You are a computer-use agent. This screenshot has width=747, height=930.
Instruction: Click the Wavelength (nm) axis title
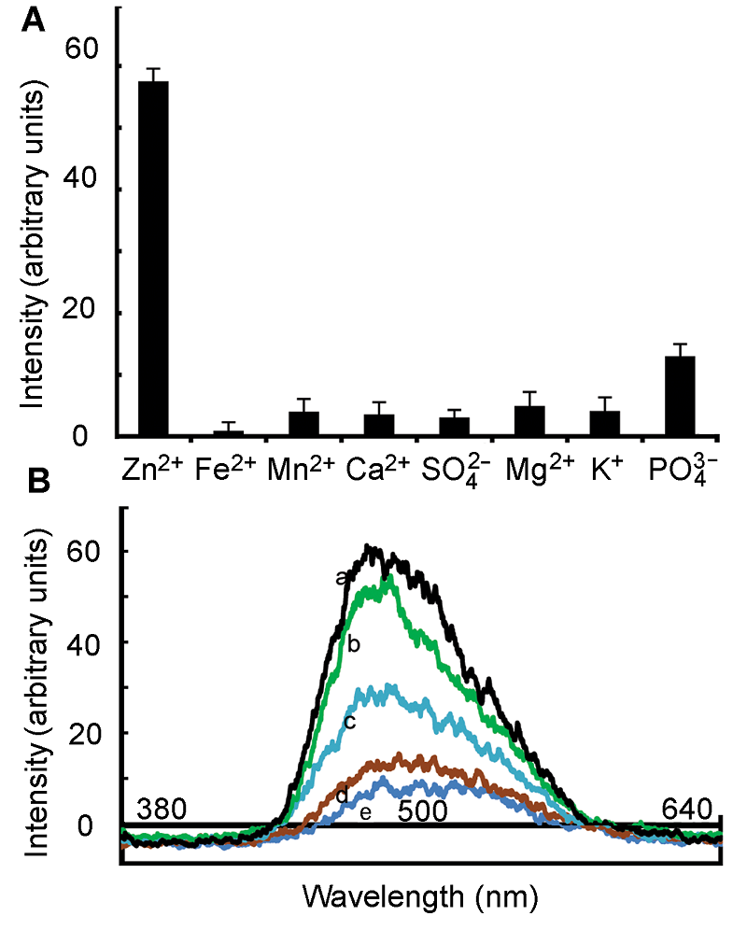pos(420,897)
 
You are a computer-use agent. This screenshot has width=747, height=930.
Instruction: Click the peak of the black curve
pos(371,547)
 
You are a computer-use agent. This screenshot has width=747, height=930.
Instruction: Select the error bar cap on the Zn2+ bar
pos(153,69)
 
